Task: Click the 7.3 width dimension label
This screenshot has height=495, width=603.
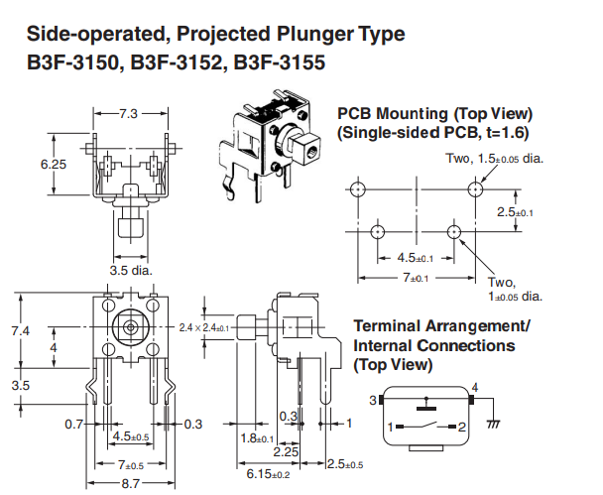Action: (x=129, y=114)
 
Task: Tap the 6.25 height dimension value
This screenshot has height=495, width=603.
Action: (x=54, y=164)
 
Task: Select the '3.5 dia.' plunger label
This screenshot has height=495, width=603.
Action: (x=130, y=269)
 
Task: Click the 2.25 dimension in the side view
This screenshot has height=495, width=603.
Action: (x=288, y=451)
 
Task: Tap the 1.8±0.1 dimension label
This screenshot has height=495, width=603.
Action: (x=257, y=437)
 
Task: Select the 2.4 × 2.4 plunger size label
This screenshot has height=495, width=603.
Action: (x=203, y=326)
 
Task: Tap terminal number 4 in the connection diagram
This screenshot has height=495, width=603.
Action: (x=474, y=387)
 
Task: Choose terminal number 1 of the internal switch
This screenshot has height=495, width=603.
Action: (x=390, y=428)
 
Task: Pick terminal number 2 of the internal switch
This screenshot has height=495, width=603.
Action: (x=462, y=428)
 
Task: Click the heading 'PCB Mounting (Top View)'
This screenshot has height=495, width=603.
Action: (x=434, y=113)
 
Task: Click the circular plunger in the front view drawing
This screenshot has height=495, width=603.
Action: (x=129, y=325)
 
